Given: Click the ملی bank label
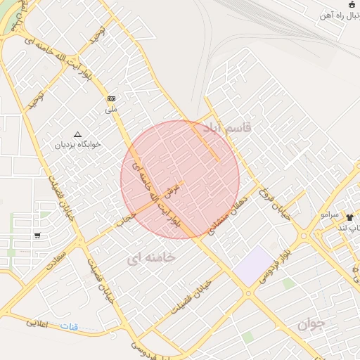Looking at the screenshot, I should coord(112,109).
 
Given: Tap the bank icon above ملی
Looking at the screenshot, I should coord(112,98).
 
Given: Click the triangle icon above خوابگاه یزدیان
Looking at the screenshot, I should coord(77,134).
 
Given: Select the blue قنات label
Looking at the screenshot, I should coord(69,327).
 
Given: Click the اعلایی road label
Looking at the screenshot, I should coord(41,324).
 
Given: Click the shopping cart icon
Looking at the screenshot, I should coord(37,236).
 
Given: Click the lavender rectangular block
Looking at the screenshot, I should coord(253,265).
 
